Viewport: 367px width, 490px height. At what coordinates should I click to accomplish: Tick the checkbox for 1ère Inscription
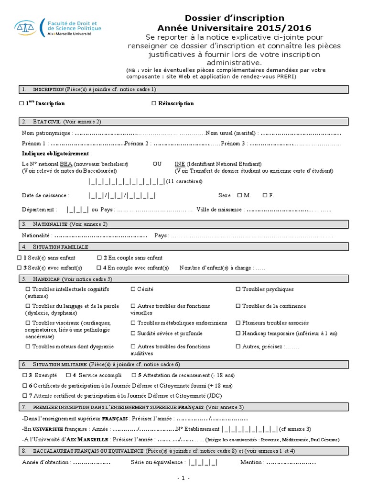click(21, 103)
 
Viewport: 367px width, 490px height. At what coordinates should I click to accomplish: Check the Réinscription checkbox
click(154, 103)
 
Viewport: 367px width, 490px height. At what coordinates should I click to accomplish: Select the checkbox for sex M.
click(239, 195)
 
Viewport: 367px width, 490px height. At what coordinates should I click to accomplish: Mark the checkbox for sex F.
click(265, 195)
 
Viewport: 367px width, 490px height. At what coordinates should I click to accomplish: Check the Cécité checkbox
click(133, 290)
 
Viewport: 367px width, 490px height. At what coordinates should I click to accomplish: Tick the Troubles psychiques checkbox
click(238, 290)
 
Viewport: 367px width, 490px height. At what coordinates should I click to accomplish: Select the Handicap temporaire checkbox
click(238, 334)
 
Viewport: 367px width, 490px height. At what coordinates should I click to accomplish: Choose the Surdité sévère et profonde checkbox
click(133, 334)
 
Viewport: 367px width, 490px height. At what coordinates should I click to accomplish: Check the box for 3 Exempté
click(25, 375)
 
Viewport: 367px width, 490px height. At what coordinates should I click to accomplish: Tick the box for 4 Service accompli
click(68, 375)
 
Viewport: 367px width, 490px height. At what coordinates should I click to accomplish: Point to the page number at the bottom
click(183, 478)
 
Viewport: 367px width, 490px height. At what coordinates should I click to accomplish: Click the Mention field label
click(251, 463)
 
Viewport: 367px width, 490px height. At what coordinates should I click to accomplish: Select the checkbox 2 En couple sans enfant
click(99, 257)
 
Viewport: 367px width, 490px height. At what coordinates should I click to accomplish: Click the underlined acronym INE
click(180, 164)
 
